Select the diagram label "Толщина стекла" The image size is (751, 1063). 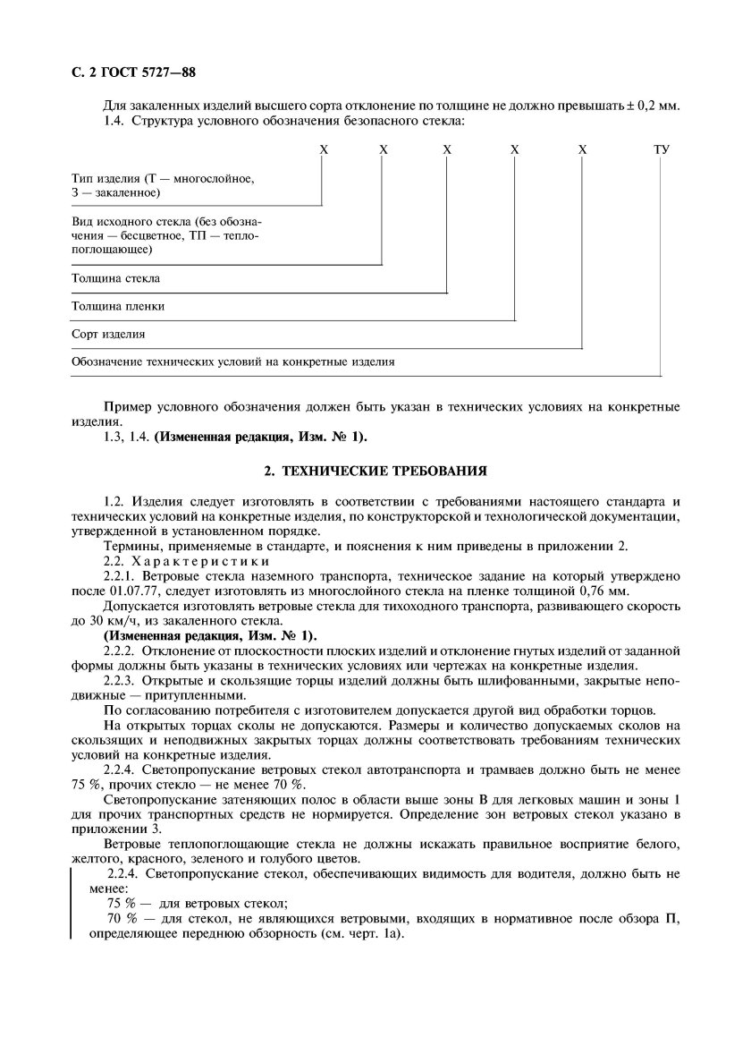[116, 278]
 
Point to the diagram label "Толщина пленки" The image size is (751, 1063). [118, 306]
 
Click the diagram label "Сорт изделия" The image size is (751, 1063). [108, 334]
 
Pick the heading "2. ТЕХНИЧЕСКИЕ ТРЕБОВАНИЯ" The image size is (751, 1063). [375, 469]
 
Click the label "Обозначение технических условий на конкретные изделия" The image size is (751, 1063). [232, 362]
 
